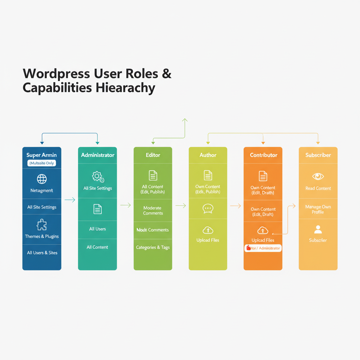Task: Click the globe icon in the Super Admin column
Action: click(42, 179)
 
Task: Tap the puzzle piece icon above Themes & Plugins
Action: click(42, 225)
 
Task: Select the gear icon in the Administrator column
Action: click(97, 176)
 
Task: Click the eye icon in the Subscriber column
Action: click(318, 176)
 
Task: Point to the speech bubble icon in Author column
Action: click(208, 209)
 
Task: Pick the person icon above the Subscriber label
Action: click(318, 230)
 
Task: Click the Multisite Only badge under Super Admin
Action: click(42, 163)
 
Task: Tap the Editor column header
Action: click(153, 155)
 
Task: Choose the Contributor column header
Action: click(263, 155)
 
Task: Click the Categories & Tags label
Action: click(153, 247)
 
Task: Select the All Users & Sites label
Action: click(42, 253)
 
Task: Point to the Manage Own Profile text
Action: click(318, 209)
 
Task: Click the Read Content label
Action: click(318, 188)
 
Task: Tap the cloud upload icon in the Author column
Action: click(208, 230)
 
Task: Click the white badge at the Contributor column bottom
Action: click(263, 248)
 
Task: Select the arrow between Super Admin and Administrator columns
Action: click(70, 200)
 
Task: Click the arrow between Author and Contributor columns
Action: click(235, 206)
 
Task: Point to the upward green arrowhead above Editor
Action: click(185, 121)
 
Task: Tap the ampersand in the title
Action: click(167, 74)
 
